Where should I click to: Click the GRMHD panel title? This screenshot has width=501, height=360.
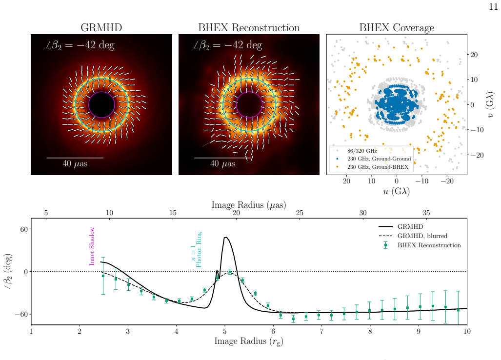tap(101, 28)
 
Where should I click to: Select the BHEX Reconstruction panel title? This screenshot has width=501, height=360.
tap(249, 28)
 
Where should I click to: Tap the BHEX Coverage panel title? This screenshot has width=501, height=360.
tap(397, 28)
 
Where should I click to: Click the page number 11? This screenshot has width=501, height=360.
tap(493, 7)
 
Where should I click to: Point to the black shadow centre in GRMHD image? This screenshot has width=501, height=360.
tap(101, 105)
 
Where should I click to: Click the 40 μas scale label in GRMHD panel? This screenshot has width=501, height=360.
tap(75, 164)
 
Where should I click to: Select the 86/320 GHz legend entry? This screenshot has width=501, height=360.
tap(362, 151)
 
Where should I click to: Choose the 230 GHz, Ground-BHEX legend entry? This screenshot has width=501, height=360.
tap(378, 167)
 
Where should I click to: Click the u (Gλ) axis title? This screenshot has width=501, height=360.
tap(397, 191)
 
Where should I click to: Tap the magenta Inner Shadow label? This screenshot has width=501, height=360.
tap(92, 246)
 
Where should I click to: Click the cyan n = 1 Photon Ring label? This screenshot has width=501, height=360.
tap(196, 249)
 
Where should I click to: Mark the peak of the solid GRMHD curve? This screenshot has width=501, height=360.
tap(225, 237)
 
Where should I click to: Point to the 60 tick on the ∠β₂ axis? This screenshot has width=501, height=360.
tap(24, 229)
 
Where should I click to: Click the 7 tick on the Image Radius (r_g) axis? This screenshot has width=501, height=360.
tap(321, 331)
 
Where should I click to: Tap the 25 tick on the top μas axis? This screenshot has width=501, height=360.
tap(300, 213)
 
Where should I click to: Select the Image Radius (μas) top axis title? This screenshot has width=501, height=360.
tap(249, 205)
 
